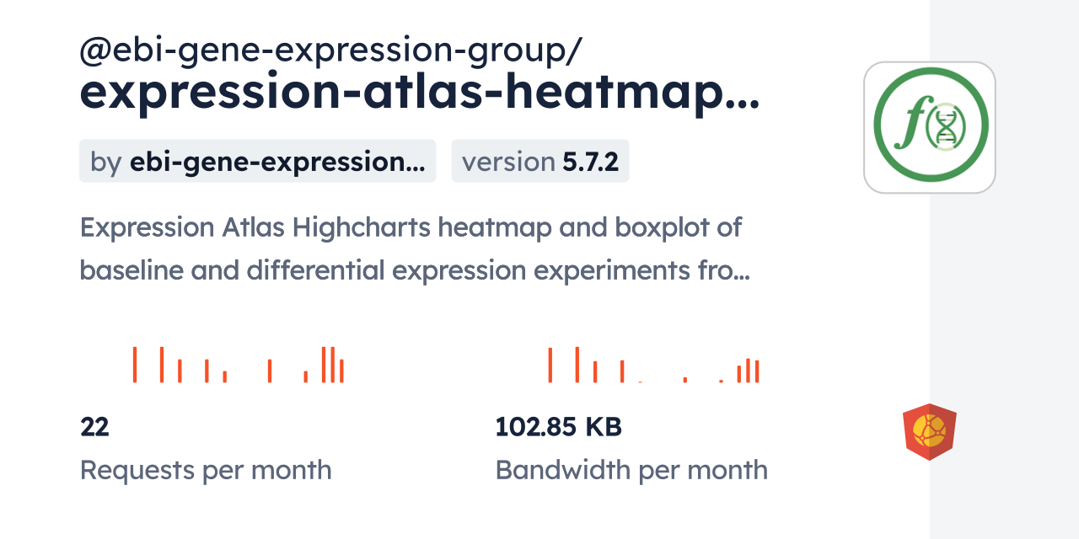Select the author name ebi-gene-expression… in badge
pyautogui.click(x=276, y=162)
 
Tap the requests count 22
pyautogui.click(x=94, y=428)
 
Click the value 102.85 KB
pyautogui.click(x=558, y=428)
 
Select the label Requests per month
pyautogui.click(x=205, y=470)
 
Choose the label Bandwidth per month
pyautogui.click(x=631, y=470)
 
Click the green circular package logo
pyautogui.click(x=930, y=127)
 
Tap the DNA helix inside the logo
pyautogui.click(x=946, y=128)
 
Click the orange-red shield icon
pyautogui.click(x=929, y=432)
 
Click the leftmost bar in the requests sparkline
pyautogui.click(x=134, y=365)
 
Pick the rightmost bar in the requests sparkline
pyautogui.click(x=341, y=371)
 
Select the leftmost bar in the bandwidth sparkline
pyautogui.click(x=550, y=365)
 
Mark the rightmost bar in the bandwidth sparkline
pyautogui.click(x=757, y=371)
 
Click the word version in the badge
pyautogui.click(x=507, y=162)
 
